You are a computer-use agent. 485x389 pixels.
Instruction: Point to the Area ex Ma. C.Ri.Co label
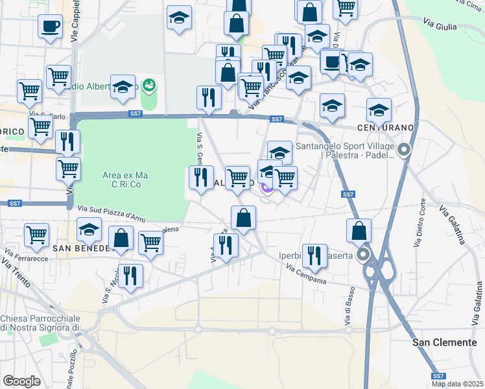click(126, 180)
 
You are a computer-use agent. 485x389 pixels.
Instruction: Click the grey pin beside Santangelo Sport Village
click(404, 151)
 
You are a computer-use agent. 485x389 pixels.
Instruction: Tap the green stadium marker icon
click(149, 86)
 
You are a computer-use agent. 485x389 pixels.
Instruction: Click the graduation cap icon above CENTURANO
click(379, 110)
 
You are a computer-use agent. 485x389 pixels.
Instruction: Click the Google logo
click(21, 381)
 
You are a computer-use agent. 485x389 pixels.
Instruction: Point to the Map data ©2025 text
click(457, 384)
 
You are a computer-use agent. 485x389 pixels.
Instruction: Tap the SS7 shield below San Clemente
click(439, 376)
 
